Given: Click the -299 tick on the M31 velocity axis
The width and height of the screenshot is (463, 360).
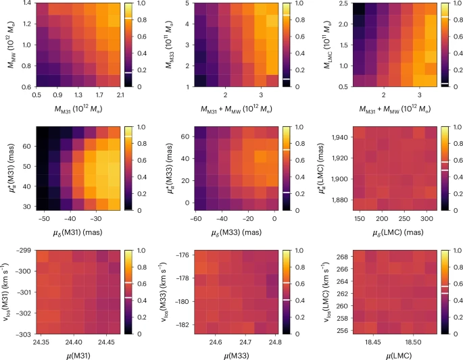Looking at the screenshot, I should (x=22, y=250).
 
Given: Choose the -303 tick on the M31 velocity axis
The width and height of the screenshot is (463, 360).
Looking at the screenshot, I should (x=22, y=333).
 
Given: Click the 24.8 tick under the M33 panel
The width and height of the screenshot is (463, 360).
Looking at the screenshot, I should (x=270, y=342).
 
